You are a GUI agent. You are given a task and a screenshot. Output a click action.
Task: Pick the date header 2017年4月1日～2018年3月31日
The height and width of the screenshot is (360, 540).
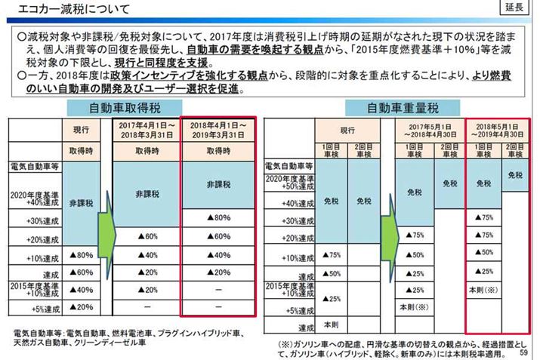pyautogui.click(x=147, y=130)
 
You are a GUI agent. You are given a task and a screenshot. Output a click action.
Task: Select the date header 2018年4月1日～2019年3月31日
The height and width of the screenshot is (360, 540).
pyautogui.click(x=218, y=130)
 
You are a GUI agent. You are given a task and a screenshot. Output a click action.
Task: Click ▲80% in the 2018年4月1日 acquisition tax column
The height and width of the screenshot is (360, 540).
pyautogui.click(x=218, y=218)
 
